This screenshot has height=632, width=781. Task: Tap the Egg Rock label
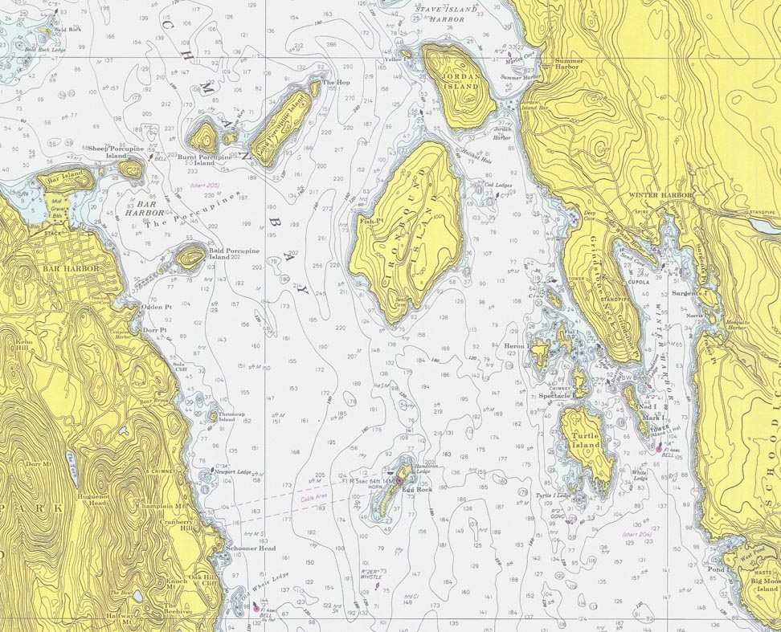[419, 489]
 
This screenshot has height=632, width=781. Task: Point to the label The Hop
[336, 82]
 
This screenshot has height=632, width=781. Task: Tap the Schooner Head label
[250, 548]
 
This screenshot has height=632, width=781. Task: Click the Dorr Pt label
[154, 329]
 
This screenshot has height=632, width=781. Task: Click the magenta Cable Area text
[314, 499]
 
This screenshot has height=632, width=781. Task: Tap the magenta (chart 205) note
[204, 186]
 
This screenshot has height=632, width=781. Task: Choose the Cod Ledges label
[499, 185]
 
